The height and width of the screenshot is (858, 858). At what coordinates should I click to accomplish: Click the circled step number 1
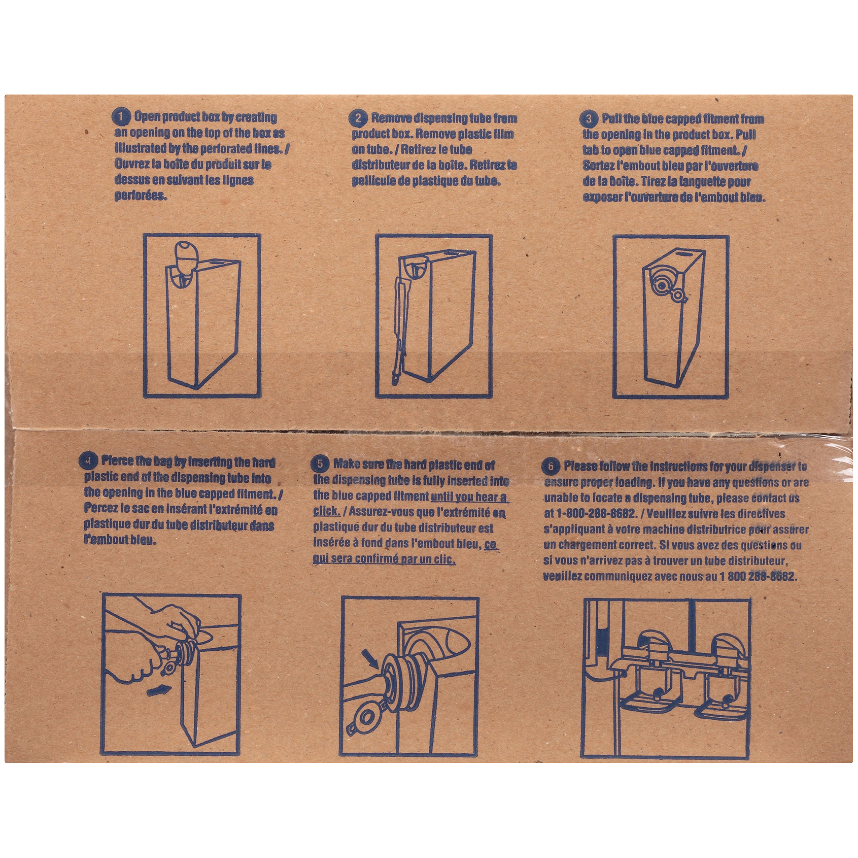pos(121,117)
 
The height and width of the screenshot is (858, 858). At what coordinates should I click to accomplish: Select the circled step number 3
pos(589,119)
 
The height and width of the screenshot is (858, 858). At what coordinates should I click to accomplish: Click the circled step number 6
pos(551,466)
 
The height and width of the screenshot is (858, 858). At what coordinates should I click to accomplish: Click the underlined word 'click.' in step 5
pos(326,511)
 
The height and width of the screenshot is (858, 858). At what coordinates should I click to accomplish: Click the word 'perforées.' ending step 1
pos(141,196)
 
